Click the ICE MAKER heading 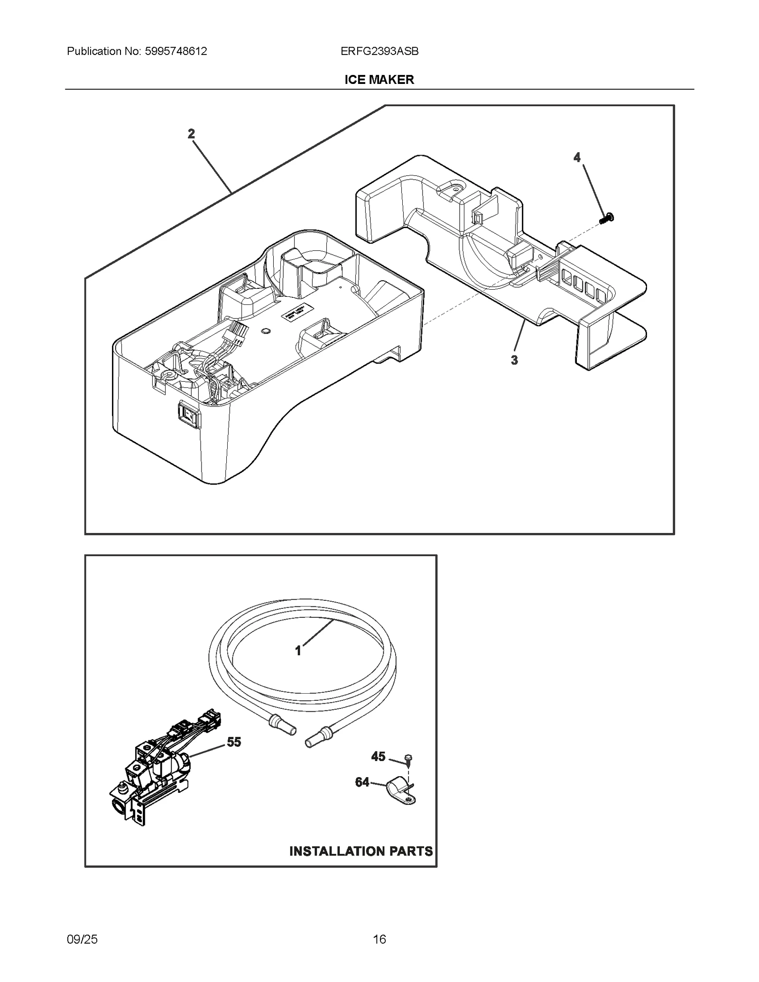click(x=379, y=80)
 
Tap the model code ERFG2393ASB click(x=379, y=51)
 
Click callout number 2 click(x=191, y=134)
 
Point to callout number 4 click(x=577, y=157)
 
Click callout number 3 click(x=514, y=360)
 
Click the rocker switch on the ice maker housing click(x=189, y=413)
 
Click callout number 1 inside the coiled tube click(x=298, y=652)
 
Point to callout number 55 click(x=233, y=742)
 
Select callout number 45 click(x=378, y=756)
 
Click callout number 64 click(x=362, y=782)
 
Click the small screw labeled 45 click(x=408, y=760)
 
